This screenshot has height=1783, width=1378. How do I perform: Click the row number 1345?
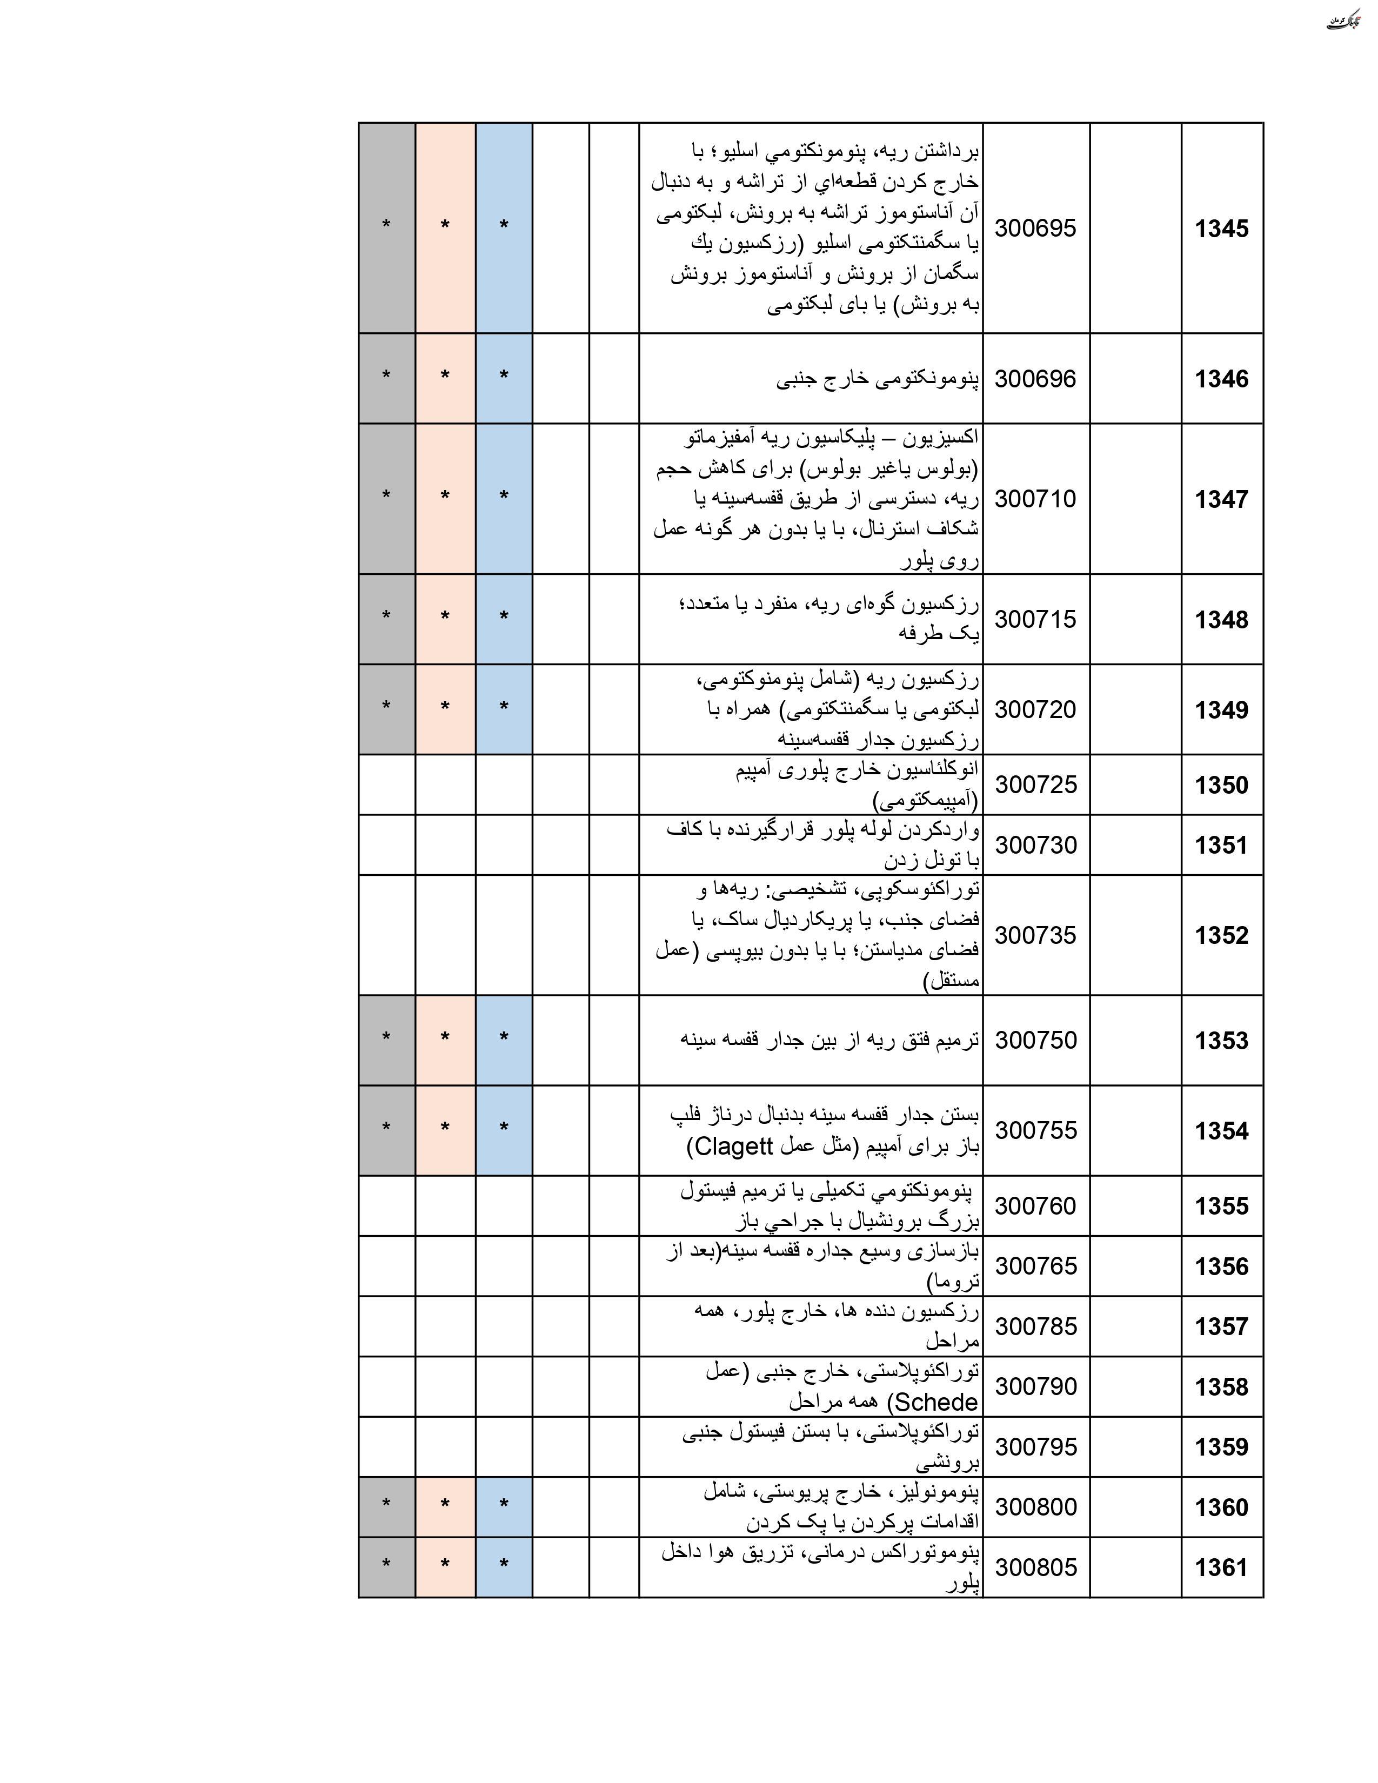(x=1221, y=229)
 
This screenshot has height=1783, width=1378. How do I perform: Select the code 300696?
(x=1035, y=379)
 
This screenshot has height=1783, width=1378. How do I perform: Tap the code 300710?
(x=1035, y=499)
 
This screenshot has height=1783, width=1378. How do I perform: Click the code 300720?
(x=1035, y=709)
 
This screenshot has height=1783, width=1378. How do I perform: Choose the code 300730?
(x=1035, y=845)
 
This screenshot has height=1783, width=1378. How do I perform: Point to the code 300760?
(x=1035, y=1206)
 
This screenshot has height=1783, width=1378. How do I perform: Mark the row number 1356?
(x=1221, y=1266)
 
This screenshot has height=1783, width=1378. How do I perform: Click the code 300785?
(x=1035, y=1326)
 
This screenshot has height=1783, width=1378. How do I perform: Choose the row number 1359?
(x=1221, y=1446)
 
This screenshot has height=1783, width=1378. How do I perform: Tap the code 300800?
(x=1035, y=1507)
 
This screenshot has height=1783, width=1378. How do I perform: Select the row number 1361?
(x=1221, y=1567)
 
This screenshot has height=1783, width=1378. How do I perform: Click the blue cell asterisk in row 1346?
(x=504, y=377)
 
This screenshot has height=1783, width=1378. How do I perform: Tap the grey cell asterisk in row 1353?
(x=386, y=1037)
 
